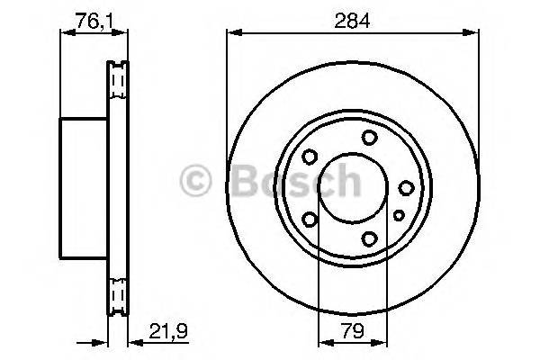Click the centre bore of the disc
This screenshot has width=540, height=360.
[353, 187]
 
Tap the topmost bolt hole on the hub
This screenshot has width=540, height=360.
[369, 137]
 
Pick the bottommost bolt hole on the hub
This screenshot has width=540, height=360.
[369, 238]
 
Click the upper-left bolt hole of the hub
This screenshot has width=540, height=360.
[310, 157]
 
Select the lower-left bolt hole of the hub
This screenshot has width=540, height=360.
[310, 219]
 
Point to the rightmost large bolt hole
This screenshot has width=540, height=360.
[406, 187]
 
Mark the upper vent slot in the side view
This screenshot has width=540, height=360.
[116, 83]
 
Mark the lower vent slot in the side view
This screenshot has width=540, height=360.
[116, 292]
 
